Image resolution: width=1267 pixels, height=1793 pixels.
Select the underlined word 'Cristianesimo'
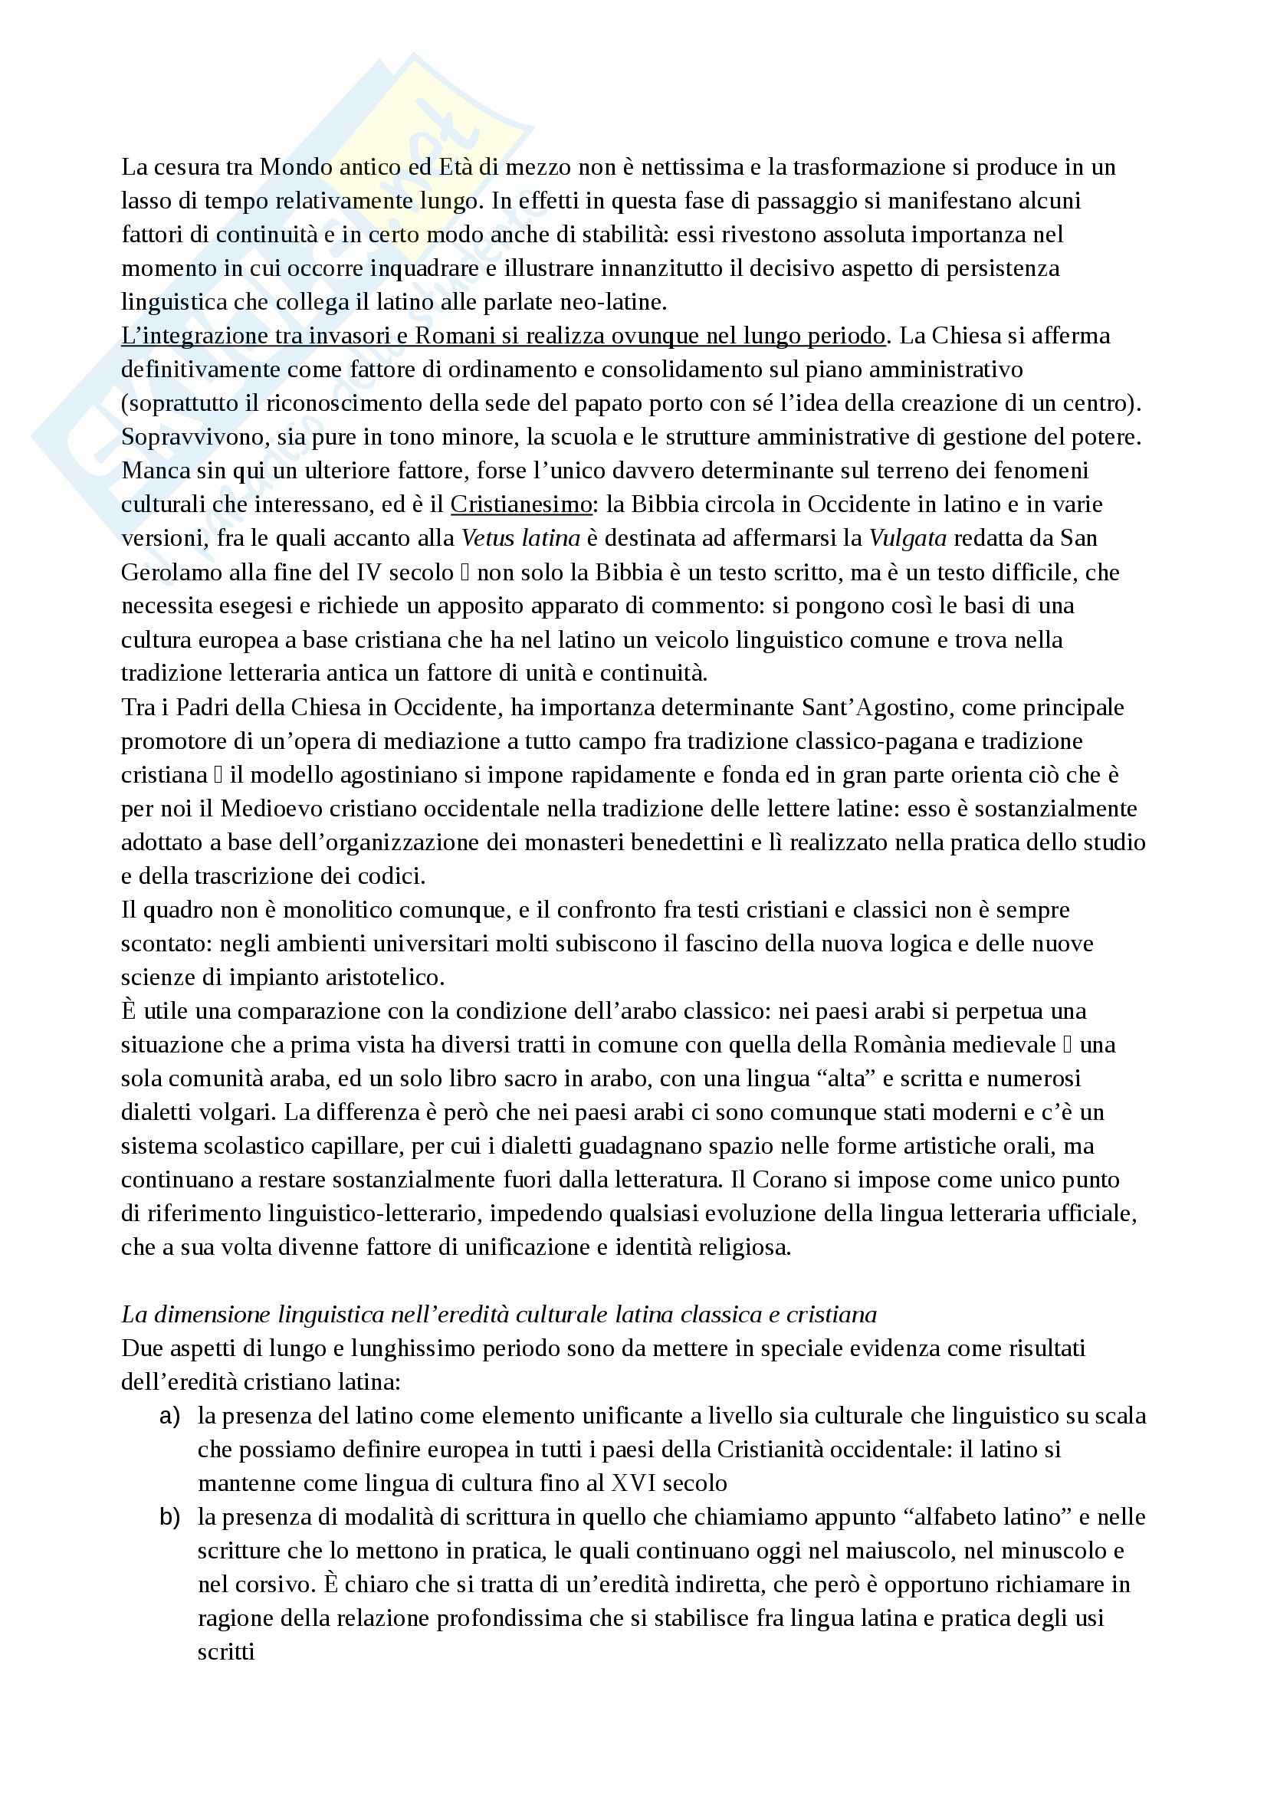tap(520, 504)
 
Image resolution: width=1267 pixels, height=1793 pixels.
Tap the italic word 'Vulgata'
tap(908, 538)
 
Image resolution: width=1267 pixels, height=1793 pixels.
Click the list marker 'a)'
tap(169, 1416)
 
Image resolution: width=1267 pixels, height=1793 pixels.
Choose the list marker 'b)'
tap(169, 1516)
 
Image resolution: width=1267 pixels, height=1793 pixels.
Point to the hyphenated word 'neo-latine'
tap(609, 302)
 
